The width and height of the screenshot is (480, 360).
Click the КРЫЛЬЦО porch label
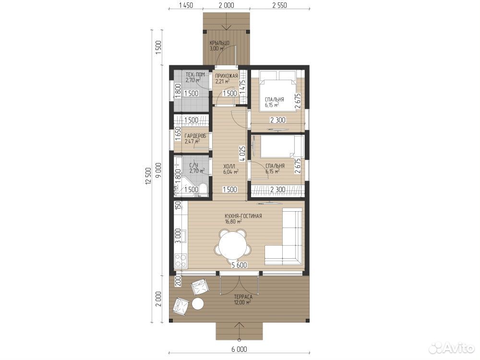(x=219, y=43)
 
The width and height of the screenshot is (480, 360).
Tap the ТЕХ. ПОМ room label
(x=195, y=74)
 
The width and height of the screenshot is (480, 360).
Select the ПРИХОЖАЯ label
(x=226, y=76)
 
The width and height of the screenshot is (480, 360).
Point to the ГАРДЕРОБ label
(x=195, y=136)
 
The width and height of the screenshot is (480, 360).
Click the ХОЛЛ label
(x=229, y=166)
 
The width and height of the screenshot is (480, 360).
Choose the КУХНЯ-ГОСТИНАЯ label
(x=243, y=216)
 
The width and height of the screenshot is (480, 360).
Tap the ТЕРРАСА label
(x=243, y=297)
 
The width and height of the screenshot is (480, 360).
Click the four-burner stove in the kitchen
(x=180, y=261)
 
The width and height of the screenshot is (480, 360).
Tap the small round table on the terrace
(x=198, y=304)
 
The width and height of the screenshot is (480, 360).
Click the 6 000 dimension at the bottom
(x=239, y=349)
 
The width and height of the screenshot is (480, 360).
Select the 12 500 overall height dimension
(x=148, y=177)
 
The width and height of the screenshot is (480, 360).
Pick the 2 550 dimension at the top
(x=279, y=5)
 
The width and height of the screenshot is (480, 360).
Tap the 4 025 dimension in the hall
(x=242, y=154)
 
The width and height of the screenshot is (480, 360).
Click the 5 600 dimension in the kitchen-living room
(x=239, y=265)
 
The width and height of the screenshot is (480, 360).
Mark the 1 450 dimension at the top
(x=185, y=5)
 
